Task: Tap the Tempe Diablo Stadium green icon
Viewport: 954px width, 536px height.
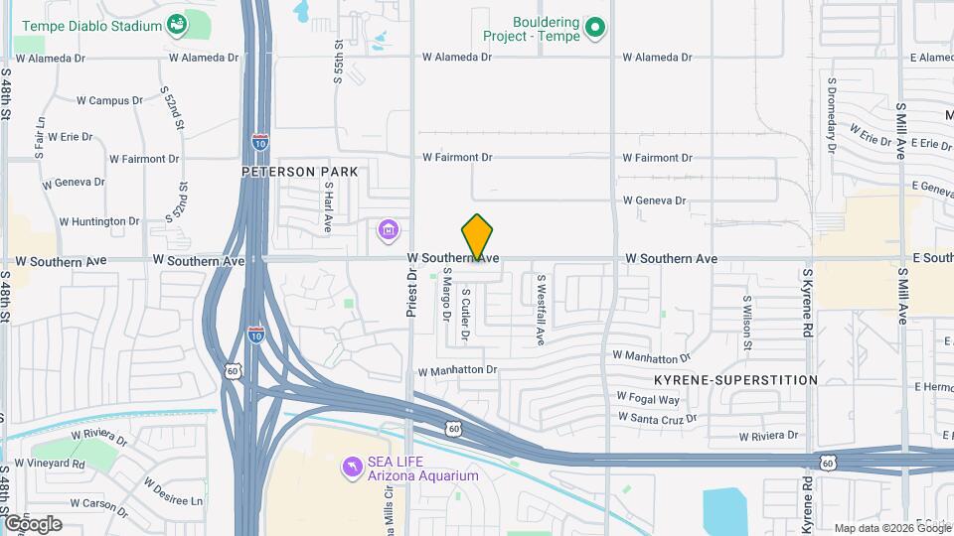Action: click(x=177, y=24)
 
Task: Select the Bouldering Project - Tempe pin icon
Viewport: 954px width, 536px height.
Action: click(x=594, y=28)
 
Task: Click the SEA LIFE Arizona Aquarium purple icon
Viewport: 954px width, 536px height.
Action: click(x=351, y=467)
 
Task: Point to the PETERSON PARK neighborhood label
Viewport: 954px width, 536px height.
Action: click(x=299, y=172)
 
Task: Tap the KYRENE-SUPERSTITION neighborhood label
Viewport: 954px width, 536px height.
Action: click(x=735, y=380)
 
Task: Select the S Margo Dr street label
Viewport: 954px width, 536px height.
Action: click(x=446, y=296)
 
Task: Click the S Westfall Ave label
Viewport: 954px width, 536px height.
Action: click(x=541, y=310)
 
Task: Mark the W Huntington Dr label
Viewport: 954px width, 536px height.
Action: click(x=99, y=221)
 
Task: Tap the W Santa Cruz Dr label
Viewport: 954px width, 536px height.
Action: click(x=658, y=417)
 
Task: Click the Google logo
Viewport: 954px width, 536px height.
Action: click(x=33, y=523)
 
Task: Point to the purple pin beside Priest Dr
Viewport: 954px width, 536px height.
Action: click(x=388, y=232)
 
